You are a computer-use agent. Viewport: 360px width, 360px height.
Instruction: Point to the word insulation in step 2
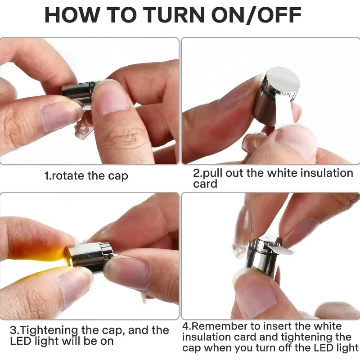(327, 173)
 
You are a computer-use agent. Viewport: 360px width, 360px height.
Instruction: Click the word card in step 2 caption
(205, 184)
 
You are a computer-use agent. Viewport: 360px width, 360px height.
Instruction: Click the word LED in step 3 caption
(20, 341)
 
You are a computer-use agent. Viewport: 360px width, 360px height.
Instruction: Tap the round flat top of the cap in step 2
(284, 79)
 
